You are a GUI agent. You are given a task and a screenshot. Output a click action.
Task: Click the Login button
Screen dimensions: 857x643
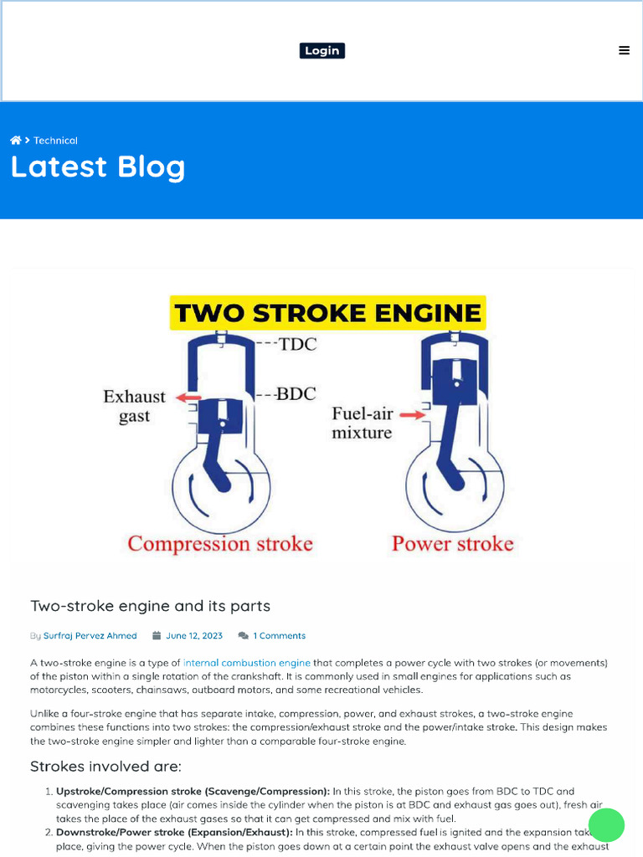[321, 51]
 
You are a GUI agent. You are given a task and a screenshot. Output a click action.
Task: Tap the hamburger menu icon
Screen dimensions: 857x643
[624, 50]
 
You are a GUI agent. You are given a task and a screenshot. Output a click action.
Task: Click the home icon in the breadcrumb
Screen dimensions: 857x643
[15, 141]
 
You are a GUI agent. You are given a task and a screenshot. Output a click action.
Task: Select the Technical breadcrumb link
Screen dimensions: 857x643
[55, 141]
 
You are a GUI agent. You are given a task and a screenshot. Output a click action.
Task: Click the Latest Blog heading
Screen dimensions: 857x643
[97, 167]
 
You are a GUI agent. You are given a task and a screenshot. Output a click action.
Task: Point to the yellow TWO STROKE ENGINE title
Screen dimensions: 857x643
[327, 314]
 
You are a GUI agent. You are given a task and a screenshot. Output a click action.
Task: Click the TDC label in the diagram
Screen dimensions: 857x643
[297, 344]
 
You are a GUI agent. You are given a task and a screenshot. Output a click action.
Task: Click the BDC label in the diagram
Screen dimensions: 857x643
[296, 393]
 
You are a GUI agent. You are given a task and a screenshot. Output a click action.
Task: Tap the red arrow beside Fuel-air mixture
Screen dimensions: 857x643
[409, 414]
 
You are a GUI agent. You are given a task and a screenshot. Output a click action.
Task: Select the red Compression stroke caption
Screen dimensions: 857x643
[220, 544]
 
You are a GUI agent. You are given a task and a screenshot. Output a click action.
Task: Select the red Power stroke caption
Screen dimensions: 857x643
[452, 544]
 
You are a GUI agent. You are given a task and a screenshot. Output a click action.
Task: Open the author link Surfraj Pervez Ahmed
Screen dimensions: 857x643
[90, 636]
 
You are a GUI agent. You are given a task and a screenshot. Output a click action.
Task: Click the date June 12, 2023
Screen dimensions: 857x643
[194, 636]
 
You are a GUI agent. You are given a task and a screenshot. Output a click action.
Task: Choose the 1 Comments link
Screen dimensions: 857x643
[279, 636]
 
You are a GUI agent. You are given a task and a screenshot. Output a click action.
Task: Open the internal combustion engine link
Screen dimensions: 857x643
[246, 662]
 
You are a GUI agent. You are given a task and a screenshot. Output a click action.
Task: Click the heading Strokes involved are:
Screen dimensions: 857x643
[105, 767]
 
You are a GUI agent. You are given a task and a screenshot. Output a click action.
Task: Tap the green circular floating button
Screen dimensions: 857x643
[606, 825]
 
